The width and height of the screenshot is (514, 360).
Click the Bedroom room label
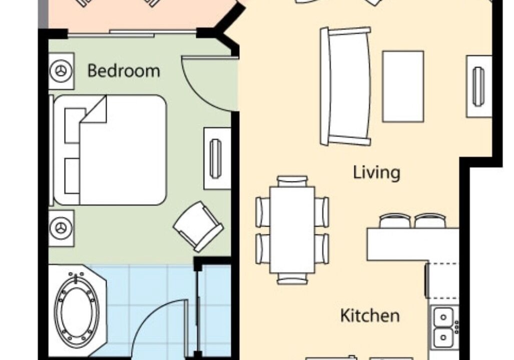(124, 71)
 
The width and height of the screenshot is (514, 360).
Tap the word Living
(377, 172)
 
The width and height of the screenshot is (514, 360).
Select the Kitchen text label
(370, 315)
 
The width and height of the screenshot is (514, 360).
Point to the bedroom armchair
(198, 226)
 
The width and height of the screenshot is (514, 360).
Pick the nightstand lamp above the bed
(61, 71)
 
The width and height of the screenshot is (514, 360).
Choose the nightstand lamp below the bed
(61, 228)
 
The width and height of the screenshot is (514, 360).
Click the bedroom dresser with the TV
(217, 158)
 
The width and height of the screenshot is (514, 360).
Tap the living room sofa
(346, 86)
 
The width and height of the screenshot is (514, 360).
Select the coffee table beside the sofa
(403, 86)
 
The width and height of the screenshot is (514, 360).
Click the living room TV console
(479, 86)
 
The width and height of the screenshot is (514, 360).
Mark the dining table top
(292, 229)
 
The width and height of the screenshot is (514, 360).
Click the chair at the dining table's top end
(292, 181)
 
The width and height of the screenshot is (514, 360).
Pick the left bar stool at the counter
(395, 220)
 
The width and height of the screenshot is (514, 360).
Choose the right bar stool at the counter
(430, 220)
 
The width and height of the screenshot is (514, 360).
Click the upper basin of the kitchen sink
(443, 317)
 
